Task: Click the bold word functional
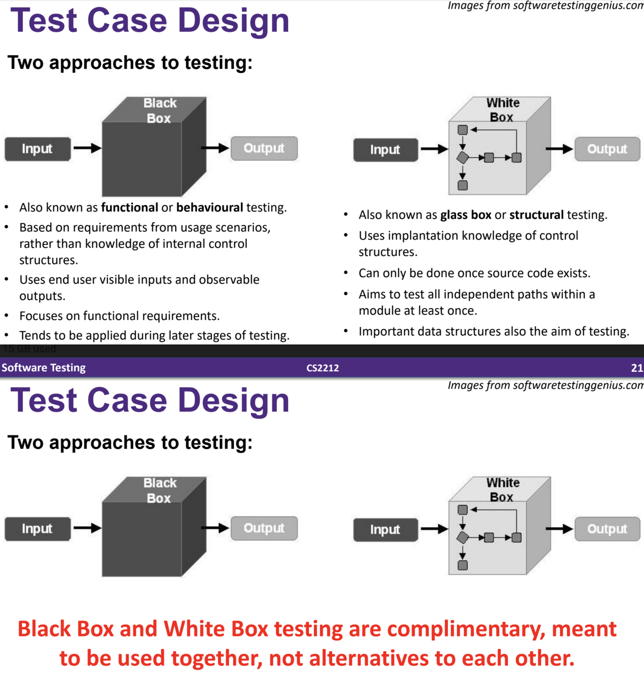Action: (129, 208)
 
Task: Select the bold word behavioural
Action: (210, 208)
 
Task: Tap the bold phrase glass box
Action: (465, 215)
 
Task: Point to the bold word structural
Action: (536, 215)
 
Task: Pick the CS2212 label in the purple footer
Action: (322, 368)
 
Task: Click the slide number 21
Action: (636, 368)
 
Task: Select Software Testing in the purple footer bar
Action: (43, 368)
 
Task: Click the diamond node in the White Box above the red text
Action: (462, 537)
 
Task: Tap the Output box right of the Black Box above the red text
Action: (264, 528)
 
